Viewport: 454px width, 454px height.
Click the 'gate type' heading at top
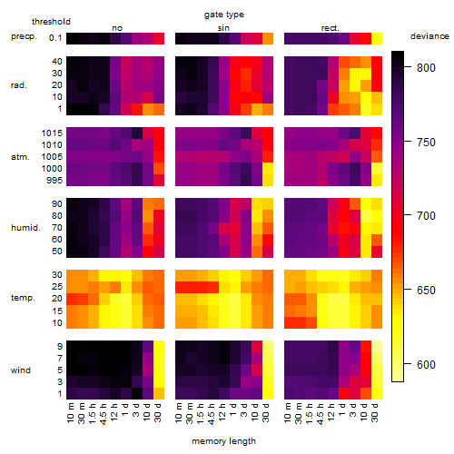click(x=224, y=15)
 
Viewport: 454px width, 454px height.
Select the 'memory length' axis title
click(x=223, y=441)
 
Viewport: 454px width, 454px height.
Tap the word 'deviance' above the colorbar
click(x=429, y=36)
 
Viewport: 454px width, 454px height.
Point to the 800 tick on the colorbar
click(x=408, y=67)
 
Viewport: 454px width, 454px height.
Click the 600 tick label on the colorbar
click(x=426, y=364)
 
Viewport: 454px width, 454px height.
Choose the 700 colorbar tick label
click(x=426, y=216)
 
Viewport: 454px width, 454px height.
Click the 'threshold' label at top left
click(x=51, y=22)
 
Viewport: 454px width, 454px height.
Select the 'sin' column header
click(x=223, y=28)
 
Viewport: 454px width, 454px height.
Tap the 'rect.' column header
click(x=330, y=28)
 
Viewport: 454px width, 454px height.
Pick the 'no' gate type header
click(x=117, y=28)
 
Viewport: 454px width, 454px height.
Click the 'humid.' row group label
click(x=25, y=228)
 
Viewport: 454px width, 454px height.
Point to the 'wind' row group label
click(x=21, y=370)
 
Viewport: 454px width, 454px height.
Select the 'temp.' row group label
click(x=23, y=298)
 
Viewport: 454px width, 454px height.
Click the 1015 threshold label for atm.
click(x=52, y=133)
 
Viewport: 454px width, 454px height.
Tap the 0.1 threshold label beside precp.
click(x=55, y=38)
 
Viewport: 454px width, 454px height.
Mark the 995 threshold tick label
click(x=54, y=181)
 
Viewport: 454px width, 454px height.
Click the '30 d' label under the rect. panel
click(x=375, y=412)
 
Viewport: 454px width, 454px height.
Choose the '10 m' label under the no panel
click(x=70, y=412)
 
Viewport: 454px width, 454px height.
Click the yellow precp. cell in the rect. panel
click(x=377, y=39)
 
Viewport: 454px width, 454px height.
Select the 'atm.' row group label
click(x=20, y=157)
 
